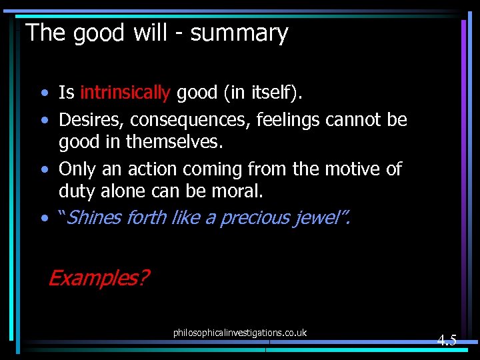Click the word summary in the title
[239, 33]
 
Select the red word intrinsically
[125, 93]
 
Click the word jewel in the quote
[321, 217]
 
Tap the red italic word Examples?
[99, 277]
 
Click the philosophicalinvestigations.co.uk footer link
[239, 332]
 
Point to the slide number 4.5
[447, 340]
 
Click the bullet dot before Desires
[43, 121]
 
